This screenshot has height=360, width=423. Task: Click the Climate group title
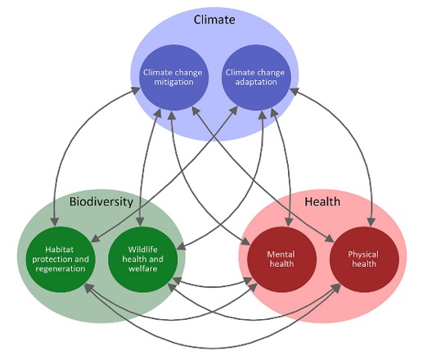point(214,20)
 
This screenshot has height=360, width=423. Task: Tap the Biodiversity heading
point(101,202)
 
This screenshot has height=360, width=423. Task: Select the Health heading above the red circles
point(322,201)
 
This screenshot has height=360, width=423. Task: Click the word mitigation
point(173,82)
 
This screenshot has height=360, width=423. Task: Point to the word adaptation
point(256,82)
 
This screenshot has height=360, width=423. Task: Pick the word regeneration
point(61,268)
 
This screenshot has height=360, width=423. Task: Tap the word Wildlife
point(143,250)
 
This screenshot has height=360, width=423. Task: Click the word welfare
point(143,268)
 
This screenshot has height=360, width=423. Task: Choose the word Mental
point(281,254)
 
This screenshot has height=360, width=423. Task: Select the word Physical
point(363,254)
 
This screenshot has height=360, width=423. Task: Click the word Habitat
point(60,250)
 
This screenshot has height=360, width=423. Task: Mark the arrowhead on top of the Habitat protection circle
point(56,222)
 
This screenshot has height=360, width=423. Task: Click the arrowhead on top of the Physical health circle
point(371,222)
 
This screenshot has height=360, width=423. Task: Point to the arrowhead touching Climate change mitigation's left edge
point(136,91)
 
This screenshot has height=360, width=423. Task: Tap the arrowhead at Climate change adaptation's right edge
point(295,92)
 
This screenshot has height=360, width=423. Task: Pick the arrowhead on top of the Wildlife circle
point(140,222)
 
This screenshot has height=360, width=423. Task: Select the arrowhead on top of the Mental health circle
point(289,222)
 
